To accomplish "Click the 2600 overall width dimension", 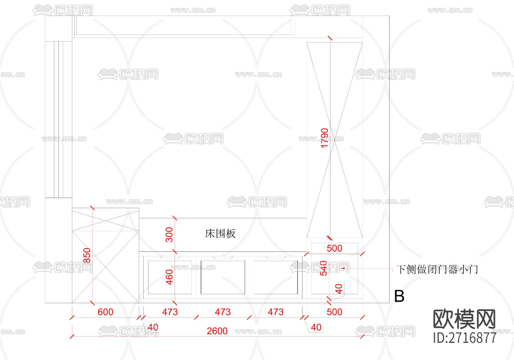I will tap(217, 331).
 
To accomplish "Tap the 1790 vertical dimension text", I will tap(325, 138).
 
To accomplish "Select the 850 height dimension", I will tap(87, 255).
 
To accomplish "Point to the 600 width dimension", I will tap(105, 312).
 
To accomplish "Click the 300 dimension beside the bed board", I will tap(169, 235).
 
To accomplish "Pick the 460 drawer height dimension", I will tap(169, 277).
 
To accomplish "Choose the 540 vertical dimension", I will tap(324, 268).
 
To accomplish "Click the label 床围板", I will tap(220, 234).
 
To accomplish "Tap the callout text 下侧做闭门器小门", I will tap(437, 269).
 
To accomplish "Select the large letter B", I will tap(399, 296).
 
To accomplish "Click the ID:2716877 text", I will tap(465, 338).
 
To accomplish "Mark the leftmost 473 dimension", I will tap(170, 312).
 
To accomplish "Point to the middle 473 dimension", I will tap(223, 312).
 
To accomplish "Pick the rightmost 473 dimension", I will tap(276, 312).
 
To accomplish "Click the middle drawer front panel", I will tap(223, 277).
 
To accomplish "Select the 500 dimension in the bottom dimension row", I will tap(334, 312).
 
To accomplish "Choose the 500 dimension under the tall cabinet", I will tap(334, 248).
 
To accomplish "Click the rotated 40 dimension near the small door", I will tap(339, 289).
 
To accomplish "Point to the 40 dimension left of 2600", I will tap(153, 327).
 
